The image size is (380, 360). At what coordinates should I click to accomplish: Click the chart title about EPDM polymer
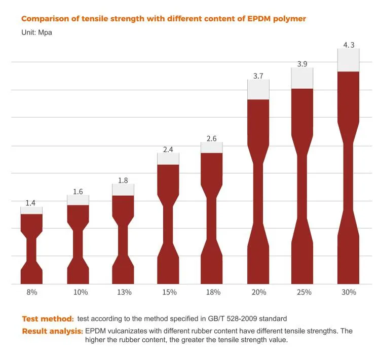pyautogui.click(x=163, y=19)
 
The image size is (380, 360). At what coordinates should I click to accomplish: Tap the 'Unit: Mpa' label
pyautogui.click(x=36, y=32)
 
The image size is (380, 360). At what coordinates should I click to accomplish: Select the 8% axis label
pyautogui.click(x=31, y=292)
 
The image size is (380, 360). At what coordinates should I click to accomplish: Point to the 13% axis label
pyautogui.click(x=124, y=292)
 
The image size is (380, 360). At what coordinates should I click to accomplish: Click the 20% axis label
pyautogui.click(x=258, y=292)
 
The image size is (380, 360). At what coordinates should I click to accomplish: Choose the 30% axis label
pyautogui.click(x=349, y=292)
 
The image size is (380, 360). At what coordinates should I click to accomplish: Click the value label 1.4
pyautogui.click(x=30, y=203)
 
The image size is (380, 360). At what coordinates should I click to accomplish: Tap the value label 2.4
pyautogui.click(x=168, y=150)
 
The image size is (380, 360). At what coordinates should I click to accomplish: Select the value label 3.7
pyautogui.click(x=258, y=76)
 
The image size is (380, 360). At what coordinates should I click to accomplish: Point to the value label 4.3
pyautogui.click(x=349, y=45)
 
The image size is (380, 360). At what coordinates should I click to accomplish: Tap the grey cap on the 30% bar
pyautogui.click(x=349, y=60)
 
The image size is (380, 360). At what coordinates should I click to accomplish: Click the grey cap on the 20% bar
pyautogui.click(x=258, y=89)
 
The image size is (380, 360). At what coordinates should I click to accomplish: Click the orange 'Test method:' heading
pyautogui.click(x=48, y=319)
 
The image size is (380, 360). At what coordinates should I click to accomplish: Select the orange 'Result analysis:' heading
pyautogui.click(x=52, y=331)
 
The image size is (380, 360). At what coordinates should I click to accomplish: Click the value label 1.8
pyautogui.click(x=123, y=181)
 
